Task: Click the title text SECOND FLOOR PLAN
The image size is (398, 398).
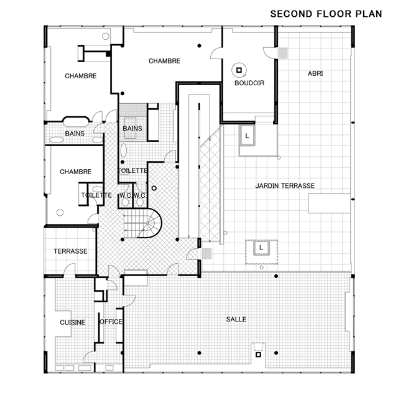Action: [x=326, y=14]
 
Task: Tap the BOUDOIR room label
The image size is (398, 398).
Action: [x=249, y=83]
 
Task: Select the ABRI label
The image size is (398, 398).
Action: [x=315, y=73]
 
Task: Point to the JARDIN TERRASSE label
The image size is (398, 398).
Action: [x=285, y=186]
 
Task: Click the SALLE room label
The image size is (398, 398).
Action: [x=236, y=319]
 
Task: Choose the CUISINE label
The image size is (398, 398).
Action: [x=72, y=322]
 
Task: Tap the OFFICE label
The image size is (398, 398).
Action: [x=111, y=322]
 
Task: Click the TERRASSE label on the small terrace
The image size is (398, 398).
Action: [x=70, y=251]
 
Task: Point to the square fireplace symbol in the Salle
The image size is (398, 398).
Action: [x=258, y=354]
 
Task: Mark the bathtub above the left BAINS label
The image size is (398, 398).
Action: [x=76, y=121]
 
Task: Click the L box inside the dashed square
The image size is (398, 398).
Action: [x=261, y=248]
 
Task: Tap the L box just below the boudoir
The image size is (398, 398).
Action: [x=247, y=136]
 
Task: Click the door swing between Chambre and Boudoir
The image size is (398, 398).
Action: [x=216, y=53]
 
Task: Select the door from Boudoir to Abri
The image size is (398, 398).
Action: [x=269, y=52]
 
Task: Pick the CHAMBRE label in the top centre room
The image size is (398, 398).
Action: [x=164, y=61]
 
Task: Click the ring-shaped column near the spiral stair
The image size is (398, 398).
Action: [x=154, y=188]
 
